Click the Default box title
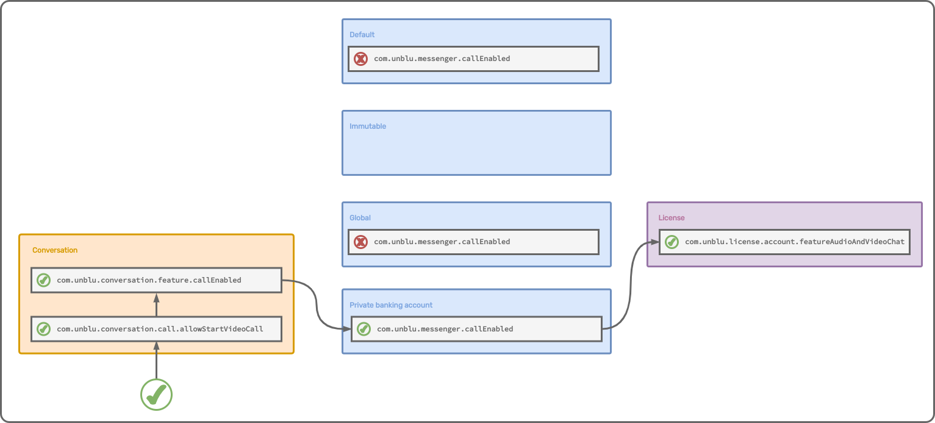[x=362, y=35]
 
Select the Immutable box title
[x=368, y=126]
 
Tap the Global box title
[x=360, y=218]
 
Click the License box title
[x=672, y=218]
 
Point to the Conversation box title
[x=55, y=250]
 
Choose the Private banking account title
[x=391, y=305]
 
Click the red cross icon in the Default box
[x=361, y=59]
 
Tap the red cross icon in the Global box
[x=361, y=242]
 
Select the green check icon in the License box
[x=672, y=242]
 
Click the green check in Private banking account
[x=364, y=329]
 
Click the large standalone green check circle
[x=157, y=394]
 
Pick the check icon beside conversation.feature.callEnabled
[x=43, y=280]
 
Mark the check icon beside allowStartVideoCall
[x=43, y=329]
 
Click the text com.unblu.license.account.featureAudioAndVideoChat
[x=795, y=242]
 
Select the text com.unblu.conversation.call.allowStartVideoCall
[x=160, y=329]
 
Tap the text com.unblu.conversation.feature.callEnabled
[x=149, y=280]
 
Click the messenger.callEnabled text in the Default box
[x=442, y=59]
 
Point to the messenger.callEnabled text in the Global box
[x=442, y=242]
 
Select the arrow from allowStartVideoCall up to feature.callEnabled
[x=156, y=305]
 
